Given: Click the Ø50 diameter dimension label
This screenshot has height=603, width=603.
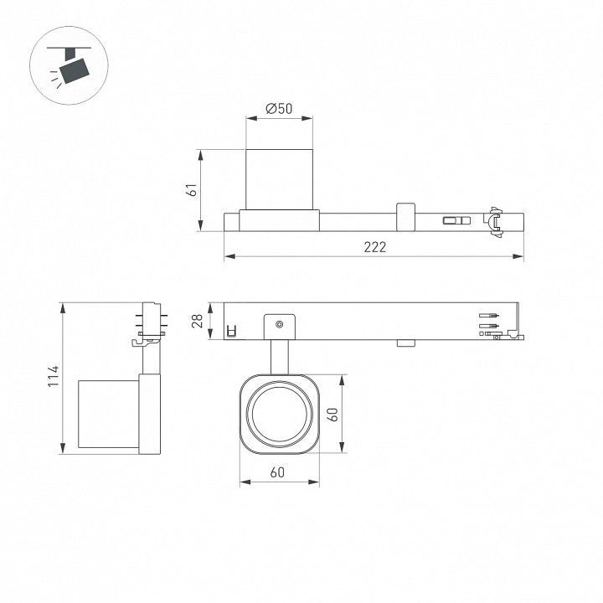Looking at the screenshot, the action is [279, 109].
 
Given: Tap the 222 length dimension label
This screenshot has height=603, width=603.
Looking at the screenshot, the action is [375, 247].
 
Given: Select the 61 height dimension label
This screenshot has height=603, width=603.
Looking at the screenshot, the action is [192, 190].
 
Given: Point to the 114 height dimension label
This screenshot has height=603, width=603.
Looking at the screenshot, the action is [54, 377].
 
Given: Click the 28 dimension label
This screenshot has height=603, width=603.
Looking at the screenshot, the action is [198, 321].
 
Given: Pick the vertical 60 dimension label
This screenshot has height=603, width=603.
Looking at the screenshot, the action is [334, 415].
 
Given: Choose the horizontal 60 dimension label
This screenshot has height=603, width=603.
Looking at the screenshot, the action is [277, 472].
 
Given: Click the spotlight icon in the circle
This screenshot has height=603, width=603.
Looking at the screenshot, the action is [70, 65].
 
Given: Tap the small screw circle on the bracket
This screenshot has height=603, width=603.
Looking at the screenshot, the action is [280, 325].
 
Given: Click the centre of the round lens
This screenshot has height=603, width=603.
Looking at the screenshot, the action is [280, 415].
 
